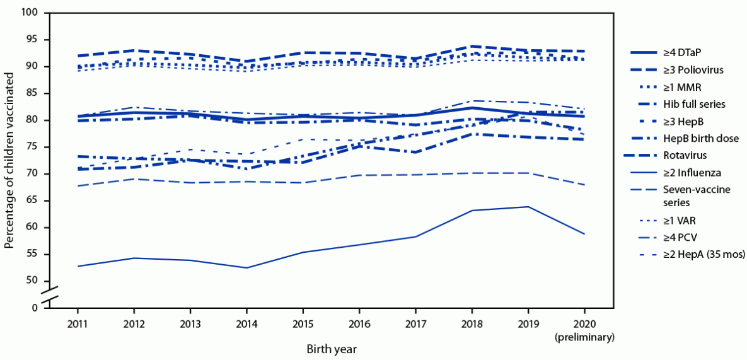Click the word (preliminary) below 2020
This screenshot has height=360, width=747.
coord(584,337)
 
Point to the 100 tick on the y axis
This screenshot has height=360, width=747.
coord(29,13)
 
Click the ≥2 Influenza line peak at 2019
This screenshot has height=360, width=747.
coord(528,207)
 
